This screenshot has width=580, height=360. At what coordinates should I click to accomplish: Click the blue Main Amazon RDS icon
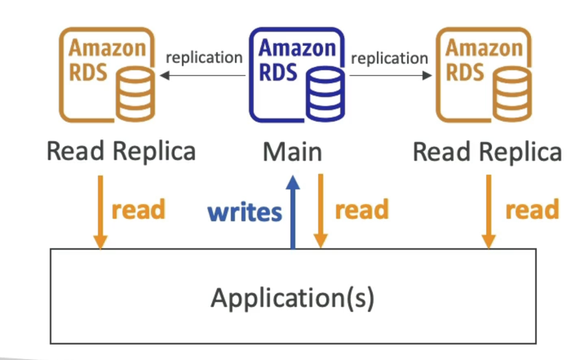(297, 75)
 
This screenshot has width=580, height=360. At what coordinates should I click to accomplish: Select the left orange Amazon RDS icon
(107, 75)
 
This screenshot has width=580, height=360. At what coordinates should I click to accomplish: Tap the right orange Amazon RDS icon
(484, 75)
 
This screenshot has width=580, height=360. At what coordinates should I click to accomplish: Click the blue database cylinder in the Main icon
(325, 95)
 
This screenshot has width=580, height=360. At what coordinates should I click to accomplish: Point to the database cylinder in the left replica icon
(135, 95)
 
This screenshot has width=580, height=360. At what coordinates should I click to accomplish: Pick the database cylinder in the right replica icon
(512, 95)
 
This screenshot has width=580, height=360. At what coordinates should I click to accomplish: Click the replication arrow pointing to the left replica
(203, 76)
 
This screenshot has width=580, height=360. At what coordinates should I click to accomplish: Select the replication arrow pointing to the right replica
(390, 76)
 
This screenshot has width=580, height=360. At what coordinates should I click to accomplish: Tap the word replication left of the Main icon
(204, 58)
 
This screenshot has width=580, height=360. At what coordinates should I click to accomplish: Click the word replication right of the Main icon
(390, 59)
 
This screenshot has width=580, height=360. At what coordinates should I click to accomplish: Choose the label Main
(292, 152)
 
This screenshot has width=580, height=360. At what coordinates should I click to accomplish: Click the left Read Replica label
(121, 151)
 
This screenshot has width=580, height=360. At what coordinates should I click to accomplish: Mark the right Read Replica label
(487, 152)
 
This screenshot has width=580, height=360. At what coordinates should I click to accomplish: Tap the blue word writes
(245, 212)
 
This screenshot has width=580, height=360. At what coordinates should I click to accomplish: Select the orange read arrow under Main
(321, 211)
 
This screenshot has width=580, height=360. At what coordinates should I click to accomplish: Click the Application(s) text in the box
(292, 298)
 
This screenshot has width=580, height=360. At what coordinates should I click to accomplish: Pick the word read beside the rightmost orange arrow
(532, 210)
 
